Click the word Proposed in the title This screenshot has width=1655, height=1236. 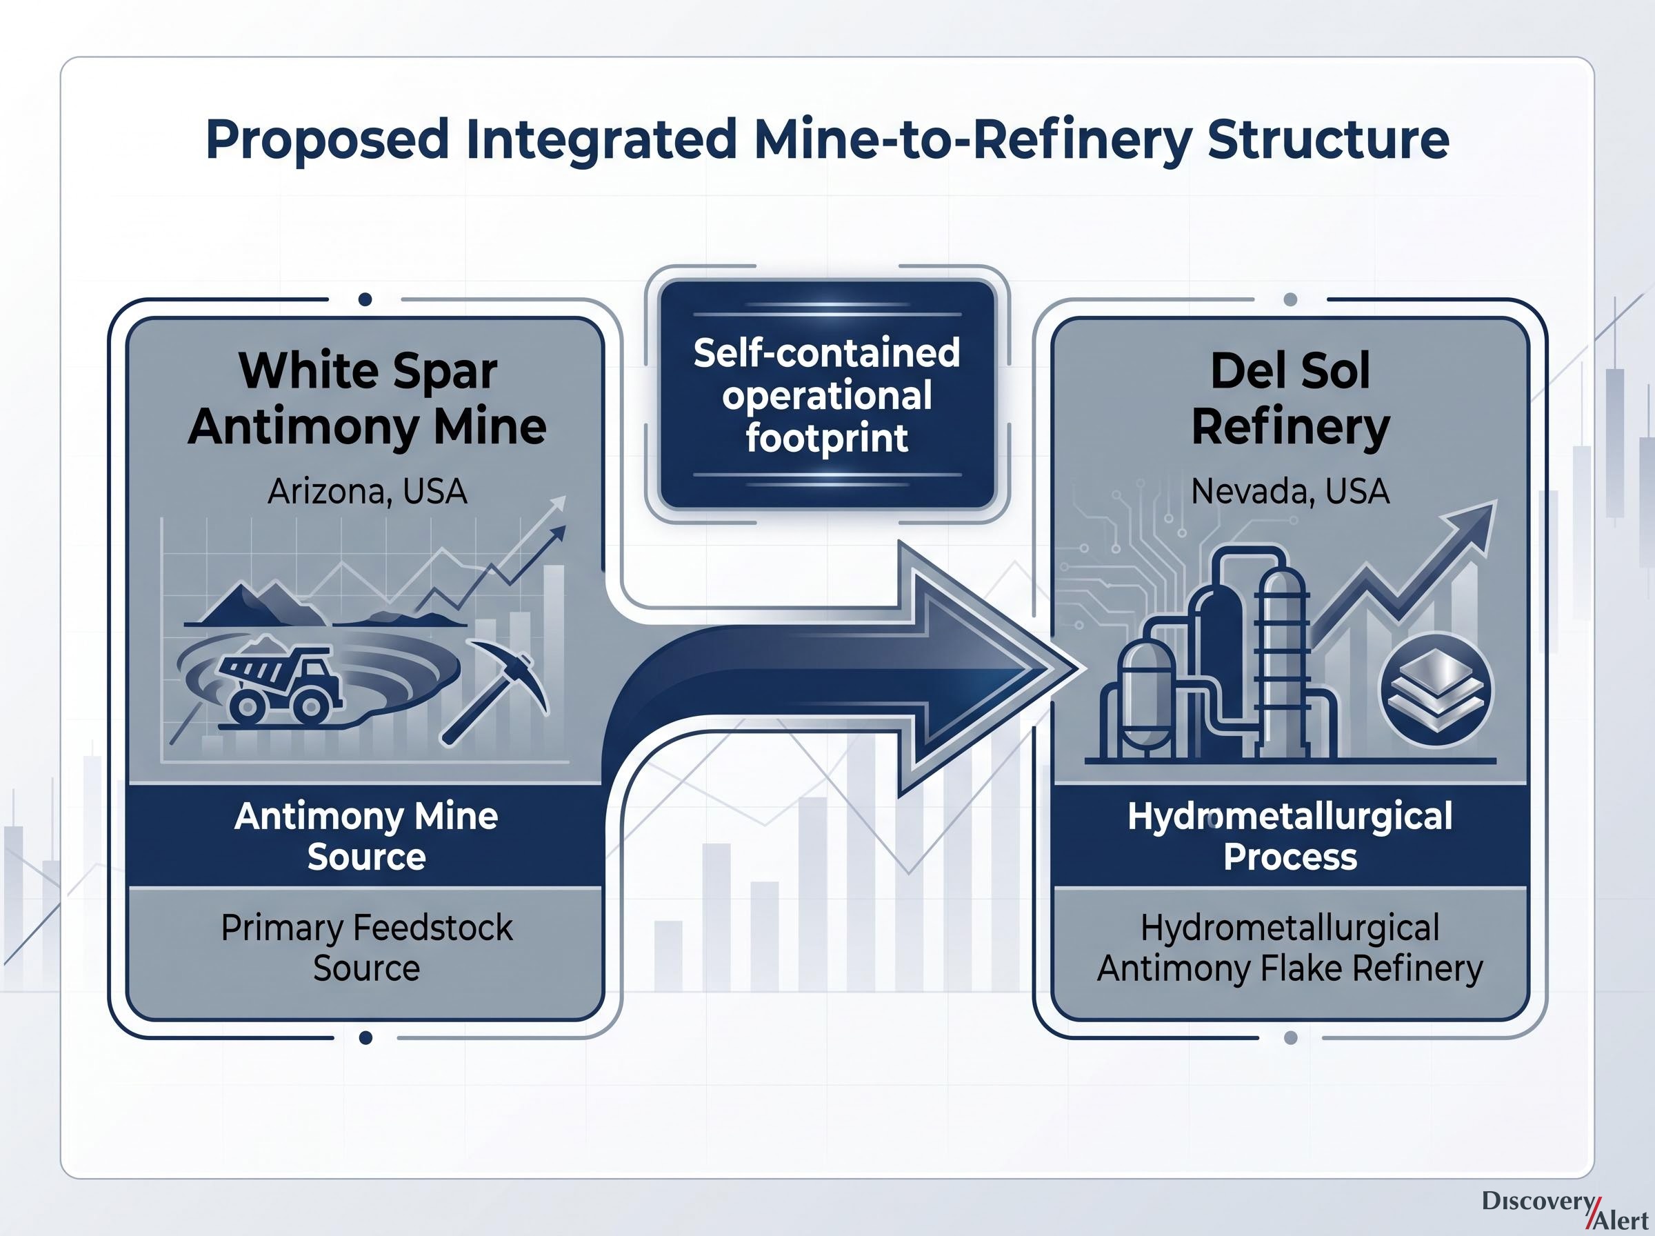click(x=328, y=141)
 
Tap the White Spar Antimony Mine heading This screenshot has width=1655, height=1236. click(x=367, y=398)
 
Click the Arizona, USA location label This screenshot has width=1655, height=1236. click(x=367, y=492)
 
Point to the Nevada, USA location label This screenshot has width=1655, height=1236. click(x=1290, y=492)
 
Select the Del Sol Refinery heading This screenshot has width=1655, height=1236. click(x=1290, y=398)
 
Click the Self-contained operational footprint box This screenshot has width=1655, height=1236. click(x=827, y=395)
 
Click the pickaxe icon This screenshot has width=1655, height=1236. click(x=496, y=690)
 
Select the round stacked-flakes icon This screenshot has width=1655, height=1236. click(x=1435, y=689)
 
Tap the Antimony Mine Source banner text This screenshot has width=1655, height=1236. click(x=366, y=836)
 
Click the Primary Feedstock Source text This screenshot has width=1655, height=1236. click(x=366, y=948)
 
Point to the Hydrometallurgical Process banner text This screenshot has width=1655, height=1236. click(x=1290, y=836)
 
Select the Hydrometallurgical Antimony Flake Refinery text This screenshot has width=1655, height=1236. click(x=1290, y=948)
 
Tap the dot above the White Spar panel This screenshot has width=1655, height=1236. click(x=365, y=299)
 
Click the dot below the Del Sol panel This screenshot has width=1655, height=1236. click(x=1290, y=1038)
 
